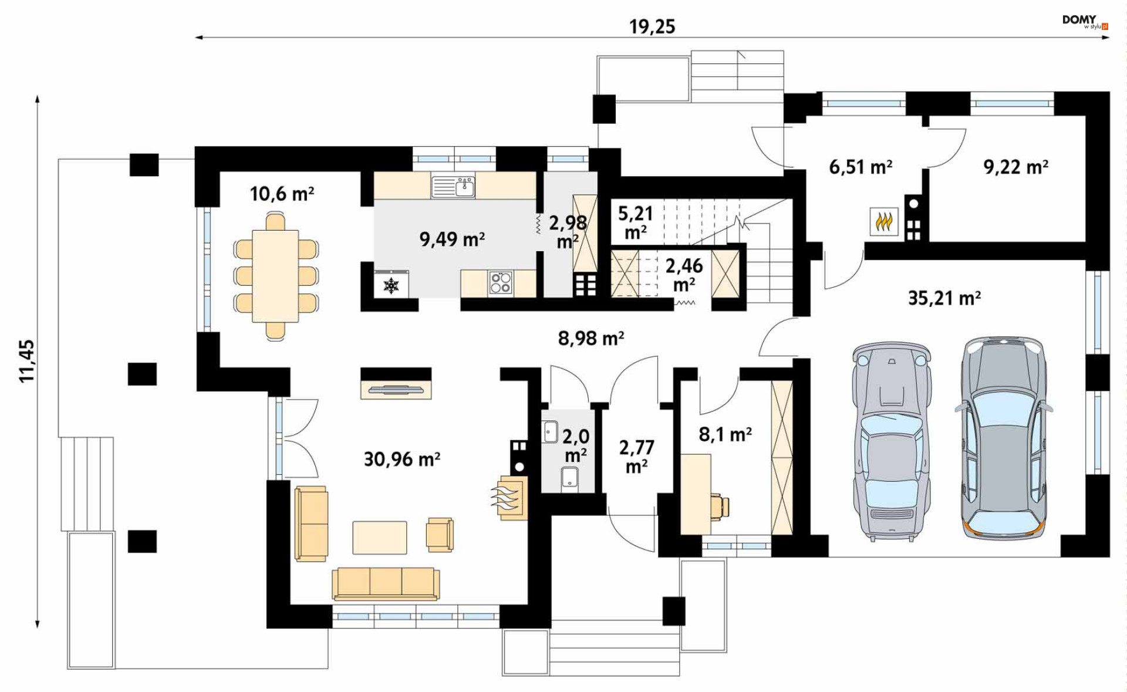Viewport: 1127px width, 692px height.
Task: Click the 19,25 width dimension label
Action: [652, 26]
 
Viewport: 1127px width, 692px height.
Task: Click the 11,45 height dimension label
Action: [27, 362]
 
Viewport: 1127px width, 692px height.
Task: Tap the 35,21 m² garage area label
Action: [944, 298]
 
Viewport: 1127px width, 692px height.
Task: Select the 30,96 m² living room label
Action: [402, 458]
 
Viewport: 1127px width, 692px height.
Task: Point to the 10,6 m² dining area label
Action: [282, 193]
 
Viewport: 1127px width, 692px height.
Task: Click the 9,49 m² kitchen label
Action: [452, 239]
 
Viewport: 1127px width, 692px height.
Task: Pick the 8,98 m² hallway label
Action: [591, 338]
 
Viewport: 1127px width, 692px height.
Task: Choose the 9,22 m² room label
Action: [1016, 167]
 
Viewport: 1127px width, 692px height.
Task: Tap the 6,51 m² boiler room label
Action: [861, 167]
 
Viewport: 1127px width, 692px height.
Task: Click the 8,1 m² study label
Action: [726, 434]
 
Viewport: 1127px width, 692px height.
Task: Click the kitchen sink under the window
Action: [453, 187]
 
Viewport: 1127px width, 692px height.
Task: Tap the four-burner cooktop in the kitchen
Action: [501, 282]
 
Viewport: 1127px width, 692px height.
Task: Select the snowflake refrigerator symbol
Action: [391, 285]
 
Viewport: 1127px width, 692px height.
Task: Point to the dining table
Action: [275, 276]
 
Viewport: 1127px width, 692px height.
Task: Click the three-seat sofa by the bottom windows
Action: [386, 583]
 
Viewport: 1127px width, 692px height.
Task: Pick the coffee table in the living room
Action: [379, 537]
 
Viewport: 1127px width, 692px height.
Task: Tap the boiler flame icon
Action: [884, 222]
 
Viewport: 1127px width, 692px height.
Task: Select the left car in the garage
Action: [892, 441]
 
